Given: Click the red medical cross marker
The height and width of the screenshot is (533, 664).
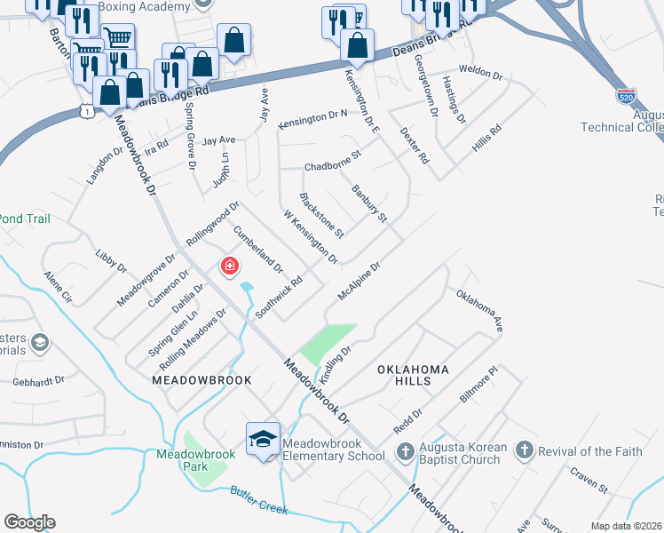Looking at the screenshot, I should coord(229,266).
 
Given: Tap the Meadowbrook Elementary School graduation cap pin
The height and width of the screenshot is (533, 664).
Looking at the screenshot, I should coord(263,440).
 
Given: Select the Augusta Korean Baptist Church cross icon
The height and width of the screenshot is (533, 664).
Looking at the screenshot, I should coord(406,451).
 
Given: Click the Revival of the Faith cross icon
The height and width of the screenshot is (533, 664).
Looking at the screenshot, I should coord(524,451).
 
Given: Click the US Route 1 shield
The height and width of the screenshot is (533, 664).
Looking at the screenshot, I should coord(84,110).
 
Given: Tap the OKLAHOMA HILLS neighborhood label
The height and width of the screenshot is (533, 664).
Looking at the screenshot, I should coord(413,374).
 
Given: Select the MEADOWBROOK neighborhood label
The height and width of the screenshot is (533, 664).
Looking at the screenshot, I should coord(202,379).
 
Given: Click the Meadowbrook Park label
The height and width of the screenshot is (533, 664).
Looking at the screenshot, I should coord(194,459).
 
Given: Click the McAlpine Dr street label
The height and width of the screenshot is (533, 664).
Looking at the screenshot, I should coord(359,281).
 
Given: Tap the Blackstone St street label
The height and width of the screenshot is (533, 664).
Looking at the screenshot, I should coord(322,215).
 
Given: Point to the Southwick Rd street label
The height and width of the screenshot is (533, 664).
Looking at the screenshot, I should coord(279,297).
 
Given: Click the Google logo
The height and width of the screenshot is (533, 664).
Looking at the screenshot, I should coord(29,522).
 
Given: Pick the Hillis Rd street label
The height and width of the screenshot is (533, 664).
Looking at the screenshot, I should coord(487,141).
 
